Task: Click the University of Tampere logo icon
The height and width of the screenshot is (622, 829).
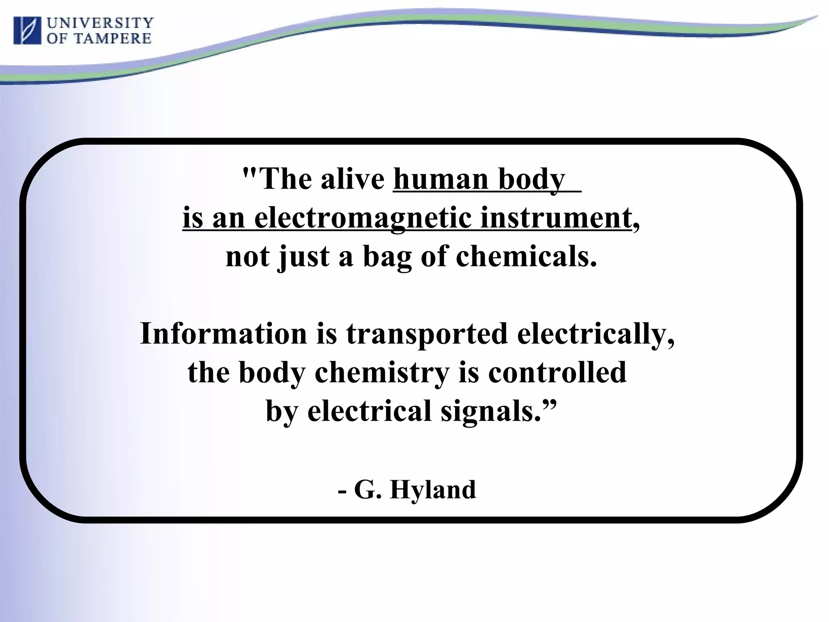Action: pos(28,30)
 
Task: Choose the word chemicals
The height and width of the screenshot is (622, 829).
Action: pos(527,257)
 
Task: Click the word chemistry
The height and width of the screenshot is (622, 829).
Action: pos(382,372)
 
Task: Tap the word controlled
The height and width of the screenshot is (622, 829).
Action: pos(557,372)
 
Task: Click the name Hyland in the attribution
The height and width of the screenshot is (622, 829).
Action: pos(433,489)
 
